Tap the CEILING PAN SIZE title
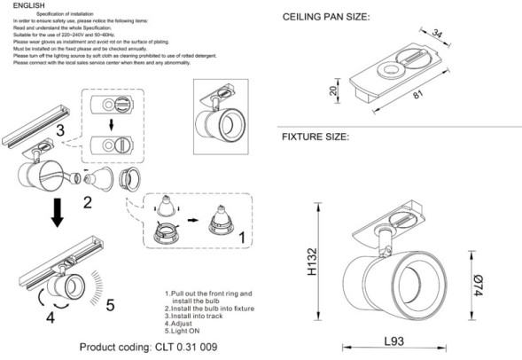(325, 18)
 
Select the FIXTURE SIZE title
(316, 137)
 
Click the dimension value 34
(436, 35)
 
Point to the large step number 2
(87, 202)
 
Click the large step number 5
(110, 307)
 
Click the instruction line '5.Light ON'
(187, 332)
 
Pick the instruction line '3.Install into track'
(202, 315)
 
